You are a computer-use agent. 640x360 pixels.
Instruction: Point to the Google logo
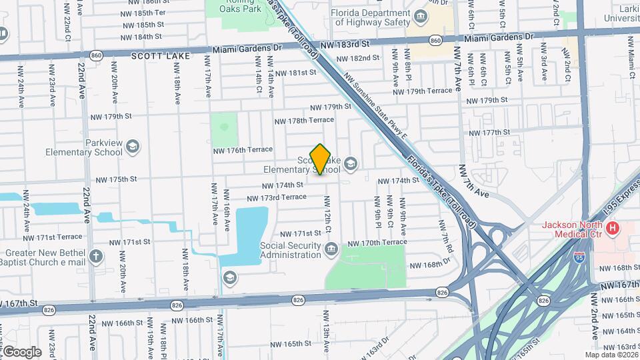tap(21, 352)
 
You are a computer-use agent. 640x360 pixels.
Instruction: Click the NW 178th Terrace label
tap(304, 120)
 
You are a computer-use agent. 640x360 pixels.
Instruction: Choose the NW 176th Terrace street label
tap(243, 151)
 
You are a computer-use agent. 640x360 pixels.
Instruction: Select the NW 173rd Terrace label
tap(276, 198)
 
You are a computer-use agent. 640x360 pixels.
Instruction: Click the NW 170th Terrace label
tap(377, 243)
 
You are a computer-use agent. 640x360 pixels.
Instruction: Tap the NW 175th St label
tap(116, 179)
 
